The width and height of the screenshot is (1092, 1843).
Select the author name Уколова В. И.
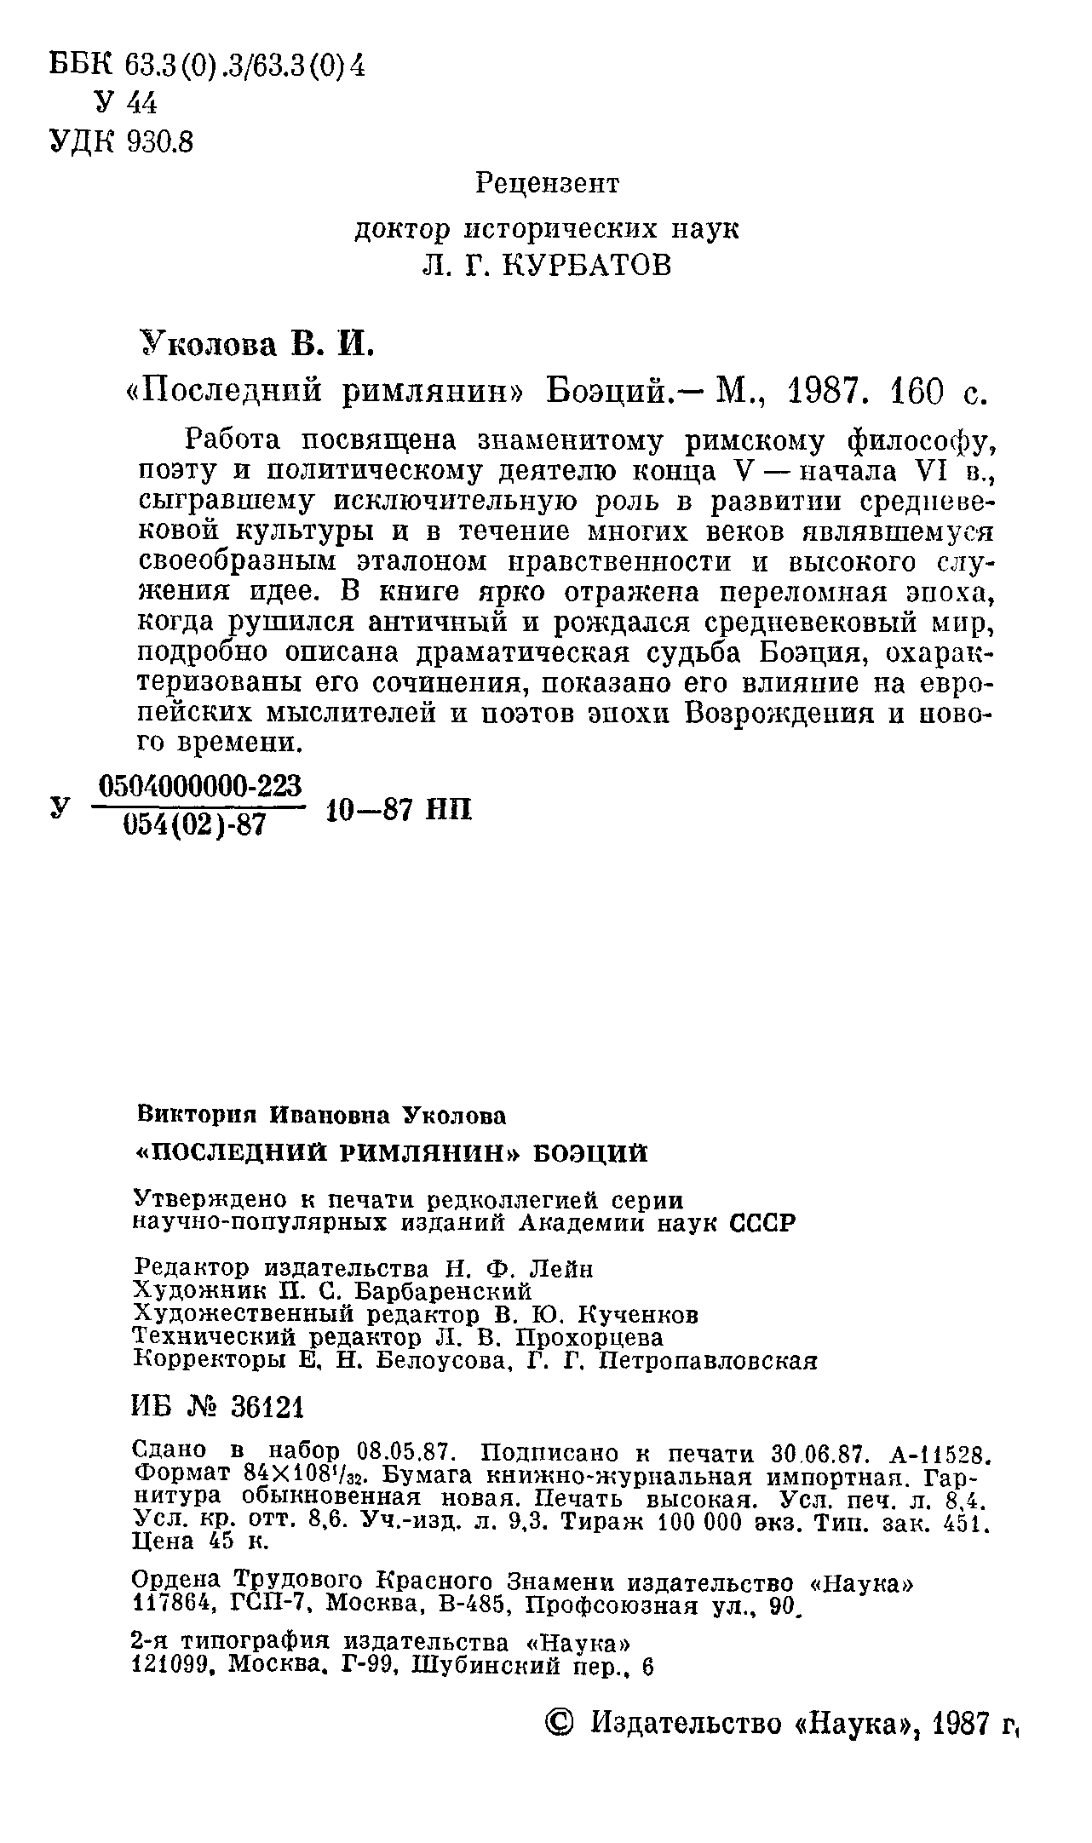click(256, 344)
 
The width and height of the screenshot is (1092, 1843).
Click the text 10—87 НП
click(398, 810)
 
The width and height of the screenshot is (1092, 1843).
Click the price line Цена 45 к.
click(201, 1542)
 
